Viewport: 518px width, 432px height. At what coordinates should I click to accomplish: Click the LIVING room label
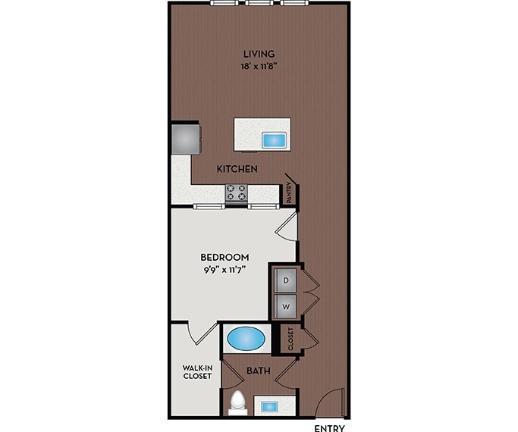(259, 54)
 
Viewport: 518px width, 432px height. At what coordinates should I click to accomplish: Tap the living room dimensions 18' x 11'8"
(259, 66)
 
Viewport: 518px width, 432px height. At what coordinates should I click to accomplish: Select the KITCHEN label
(237, 168)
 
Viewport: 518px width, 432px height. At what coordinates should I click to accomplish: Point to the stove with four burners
(237, 193)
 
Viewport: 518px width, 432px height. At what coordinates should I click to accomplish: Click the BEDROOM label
(225, 257)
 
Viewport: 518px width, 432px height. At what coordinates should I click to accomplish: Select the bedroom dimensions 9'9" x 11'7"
(225, 269)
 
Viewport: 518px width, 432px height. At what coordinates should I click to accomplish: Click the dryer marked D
(286, 280)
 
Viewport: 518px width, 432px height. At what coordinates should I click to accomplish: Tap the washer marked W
(286, 306)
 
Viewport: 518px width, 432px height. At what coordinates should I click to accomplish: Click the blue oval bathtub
(246, 337)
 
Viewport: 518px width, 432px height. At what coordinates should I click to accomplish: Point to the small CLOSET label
(290, 339)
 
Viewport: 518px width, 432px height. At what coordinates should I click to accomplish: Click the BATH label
(258, 371)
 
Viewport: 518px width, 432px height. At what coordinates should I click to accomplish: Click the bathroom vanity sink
(269, 407)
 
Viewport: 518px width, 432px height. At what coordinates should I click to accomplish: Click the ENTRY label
(329, 427)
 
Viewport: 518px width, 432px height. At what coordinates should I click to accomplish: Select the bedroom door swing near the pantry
(287, 225)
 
